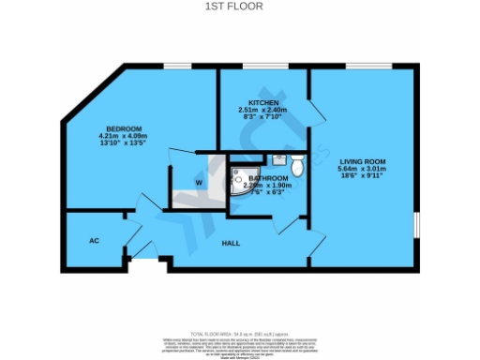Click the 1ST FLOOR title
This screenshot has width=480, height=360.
click(x=239, y=6)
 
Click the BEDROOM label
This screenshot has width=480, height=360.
click(x=124, y=128)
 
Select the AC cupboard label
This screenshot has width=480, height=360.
click(x=94, y=240)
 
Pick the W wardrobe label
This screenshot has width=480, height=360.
click(x=199, y=182)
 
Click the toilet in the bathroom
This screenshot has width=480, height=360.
click(x=297, y=166)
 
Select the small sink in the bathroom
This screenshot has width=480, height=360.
click(x=279, y=158)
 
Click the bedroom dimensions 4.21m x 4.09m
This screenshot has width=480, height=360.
click(x=124, y=137)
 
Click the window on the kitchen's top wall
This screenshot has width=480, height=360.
click(x=264, y=66)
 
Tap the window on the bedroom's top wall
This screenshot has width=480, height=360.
click(x=173, y=66)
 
